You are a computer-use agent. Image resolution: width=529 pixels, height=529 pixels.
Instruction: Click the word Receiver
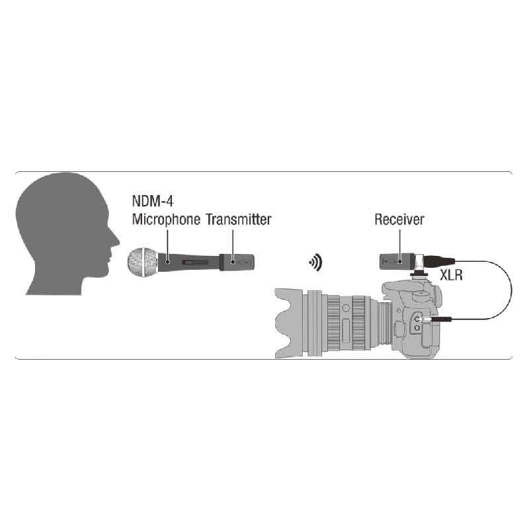coord(399,220)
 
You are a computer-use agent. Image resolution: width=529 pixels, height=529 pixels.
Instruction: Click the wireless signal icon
coord(316,263)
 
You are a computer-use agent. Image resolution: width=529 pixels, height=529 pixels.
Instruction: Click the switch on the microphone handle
coord(196,263)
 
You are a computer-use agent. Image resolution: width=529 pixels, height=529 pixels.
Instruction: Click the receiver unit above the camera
coord(397,261)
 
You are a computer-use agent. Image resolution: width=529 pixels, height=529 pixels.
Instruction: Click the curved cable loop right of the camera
coord(510,291)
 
